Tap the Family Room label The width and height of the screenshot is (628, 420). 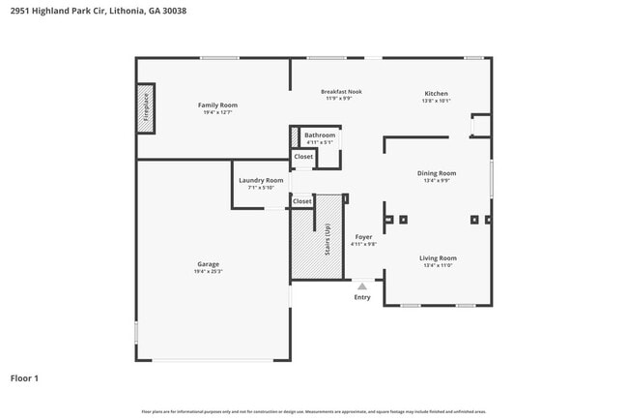click(x=217, y=105)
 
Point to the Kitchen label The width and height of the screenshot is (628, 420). click(x=436, y=94)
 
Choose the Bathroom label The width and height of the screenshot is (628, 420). click(x=320, y=135)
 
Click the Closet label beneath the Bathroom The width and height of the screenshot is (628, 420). click(x=303, y=156)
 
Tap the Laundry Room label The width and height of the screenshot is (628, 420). click(x=261, y=180)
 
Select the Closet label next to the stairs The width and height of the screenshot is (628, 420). click(x=302, y=201)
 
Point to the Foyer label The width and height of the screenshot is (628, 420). click(x=363, y=236)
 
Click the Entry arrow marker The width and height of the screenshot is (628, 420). click(x=362, y=286)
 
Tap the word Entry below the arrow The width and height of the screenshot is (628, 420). click(x=362, y=297)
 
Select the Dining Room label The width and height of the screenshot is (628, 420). click(x=437, y=173)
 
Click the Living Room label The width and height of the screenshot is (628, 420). click(x=438, y=257)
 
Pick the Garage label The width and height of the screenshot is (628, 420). click(x=208, y=264)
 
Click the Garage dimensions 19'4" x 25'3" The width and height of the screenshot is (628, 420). click(x=208, y=272)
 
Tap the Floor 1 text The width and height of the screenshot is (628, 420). click(x=24, y=378)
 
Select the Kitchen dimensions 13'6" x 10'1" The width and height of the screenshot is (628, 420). click(x=436, y=101)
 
